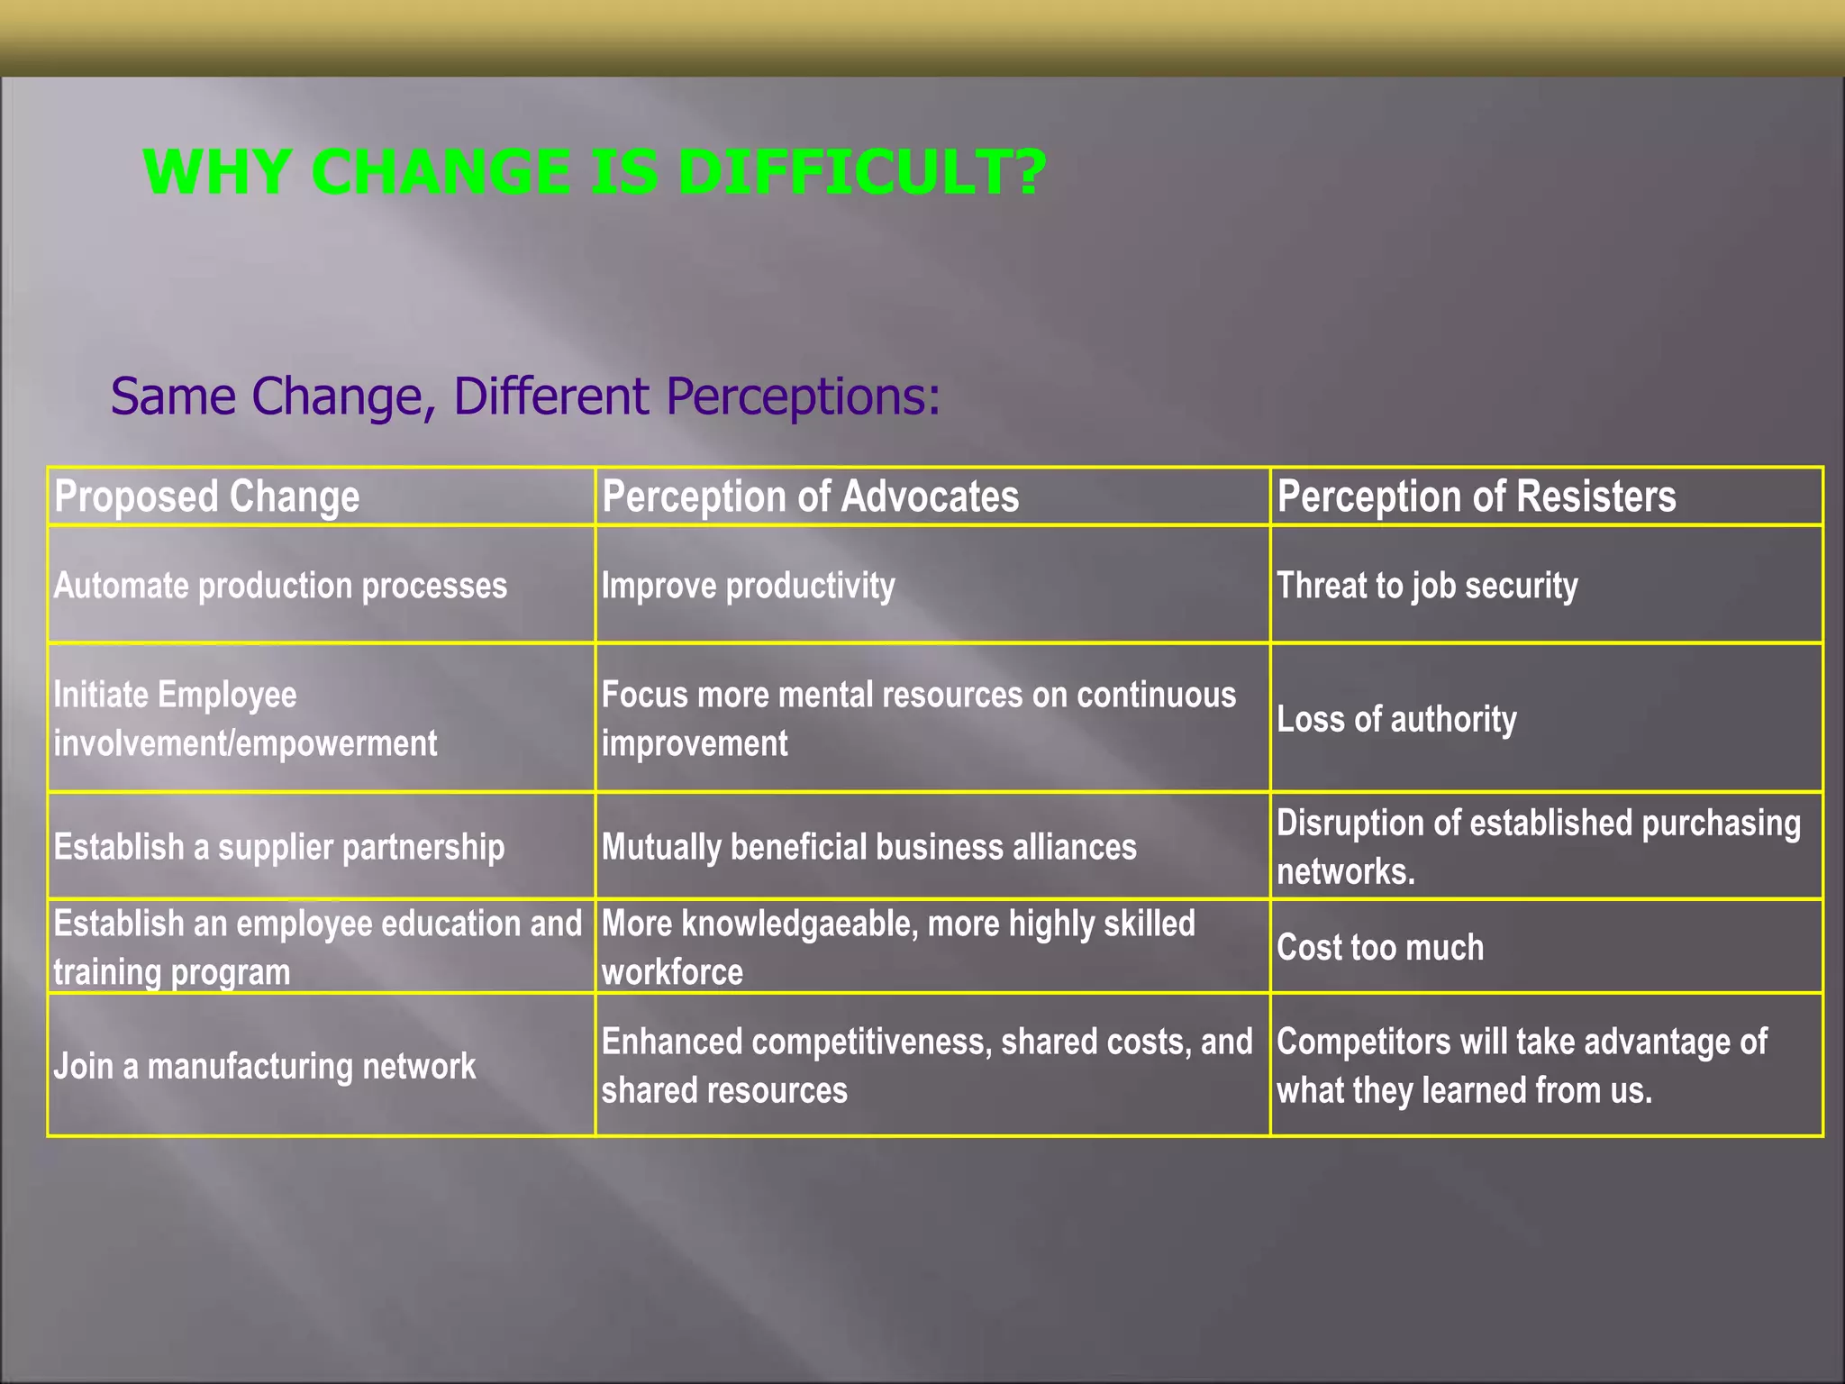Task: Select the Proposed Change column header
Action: pos(207,496)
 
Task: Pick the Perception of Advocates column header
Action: pos(810,496)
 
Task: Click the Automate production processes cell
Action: pos(280,586)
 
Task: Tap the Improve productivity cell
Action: pos(748,586)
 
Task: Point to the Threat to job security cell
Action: pos(1427,586)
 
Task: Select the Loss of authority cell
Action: pos(1396,719)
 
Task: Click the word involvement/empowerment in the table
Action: pos(245,743)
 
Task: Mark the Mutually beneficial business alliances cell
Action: pos(868,847)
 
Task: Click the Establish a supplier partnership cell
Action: pos(279,847)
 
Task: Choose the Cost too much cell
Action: pos(1380,947)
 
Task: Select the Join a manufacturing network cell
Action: pos(264,1066)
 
